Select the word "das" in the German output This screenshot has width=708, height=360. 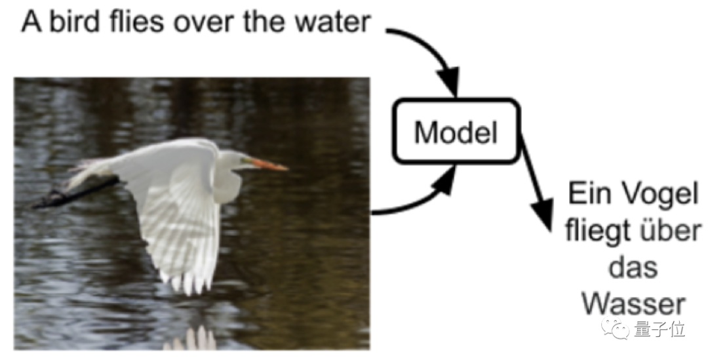[x=633, y=269]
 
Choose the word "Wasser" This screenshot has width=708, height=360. [x=633, y=304]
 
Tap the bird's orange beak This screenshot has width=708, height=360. [x=268, y=163]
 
